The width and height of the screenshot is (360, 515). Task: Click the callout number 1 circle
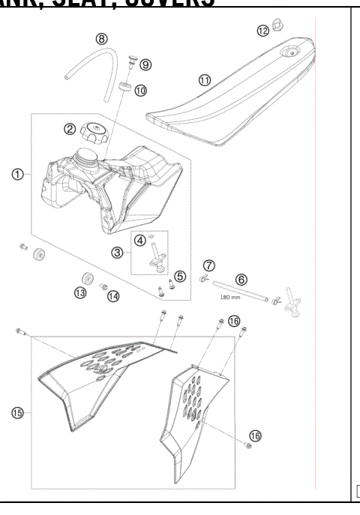click(16, 175)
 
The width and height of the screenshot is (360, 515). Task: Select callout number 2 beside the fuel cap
click(69, 129)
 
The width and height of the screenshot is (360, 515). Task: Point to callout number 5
click(180, 277)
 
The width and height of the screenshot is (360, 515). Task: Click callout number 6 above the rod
click(241, 278)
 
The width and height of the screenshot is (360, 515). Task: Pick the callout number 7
click(209, 265)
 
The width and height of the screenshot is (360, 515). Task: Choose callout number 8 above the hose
click(101, 38)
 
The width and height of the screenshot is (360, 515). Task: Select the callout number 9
click(145, 64)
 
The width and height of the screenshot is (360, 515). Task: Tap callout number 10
click(141, 90)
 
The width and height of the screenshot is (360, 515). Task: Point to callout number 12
click(262, 31)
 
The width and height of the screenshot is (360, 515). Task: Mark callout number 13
click(80, 293)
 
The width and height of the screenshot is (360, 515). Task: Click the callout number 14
click(113, 296)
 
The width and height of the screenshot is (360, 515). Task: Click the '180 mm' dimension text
click(229, 296)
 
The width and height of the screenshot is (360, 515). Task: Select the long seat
click(232, 90)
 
